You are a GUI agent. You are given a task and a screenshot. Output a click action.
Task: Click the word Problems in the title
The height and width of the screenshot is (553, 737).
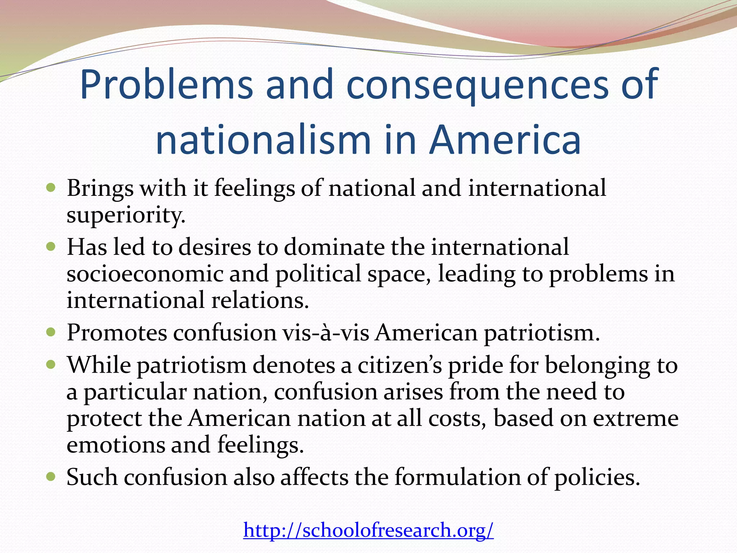pos(166,85)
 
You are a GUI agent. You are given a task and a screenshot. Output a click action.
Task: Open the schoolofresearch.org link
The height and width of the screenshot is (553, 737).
pos(368,530)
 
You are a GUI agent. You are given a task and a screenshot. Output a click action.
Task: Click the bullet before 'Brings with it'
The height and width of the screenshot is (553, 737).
pos(51,188)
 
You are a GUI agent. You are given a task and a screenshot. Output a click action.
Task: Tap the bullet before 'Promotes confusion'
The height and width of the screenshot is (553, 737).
pos(51,332)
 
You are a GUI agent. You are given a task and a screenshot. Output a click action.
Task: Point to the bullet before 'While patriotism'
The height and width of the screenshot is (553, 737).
pos(51,365)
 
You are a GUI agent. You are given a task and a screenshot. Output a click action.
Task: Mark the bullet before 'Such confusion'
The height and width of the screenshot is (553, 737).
pos(51,477)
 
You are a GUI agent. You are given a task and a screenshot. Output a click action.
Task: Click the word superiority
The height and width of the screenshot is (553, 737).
pos(126,215)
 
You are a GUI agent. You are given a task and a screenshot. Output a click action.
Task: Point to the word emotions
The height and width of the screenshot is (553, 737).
pos(116,445)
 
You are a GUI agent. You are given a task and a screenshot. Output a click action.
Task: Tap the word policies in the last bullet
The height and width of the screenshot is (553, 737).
pos(597,477)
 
